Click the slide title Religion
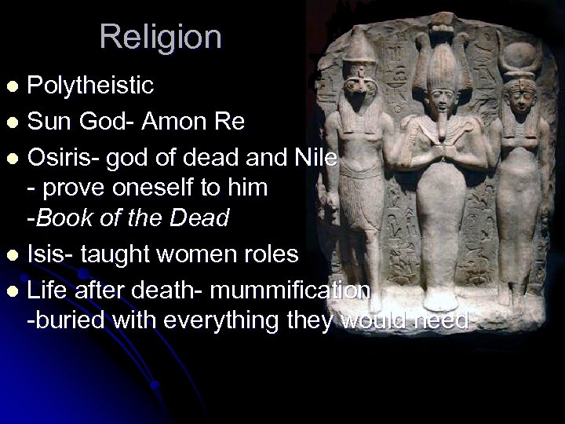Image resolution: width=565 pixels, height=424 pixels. (161, 36)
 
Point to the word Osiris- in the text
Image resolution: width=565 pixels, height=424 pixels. (62, 159)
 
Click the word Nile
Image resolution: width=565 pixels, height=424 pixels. (317, 159)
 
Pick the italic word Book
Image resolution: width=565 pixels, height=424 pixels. (67, 218)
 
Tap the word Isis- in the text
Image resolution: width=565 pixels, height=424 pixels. (52, 254)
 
